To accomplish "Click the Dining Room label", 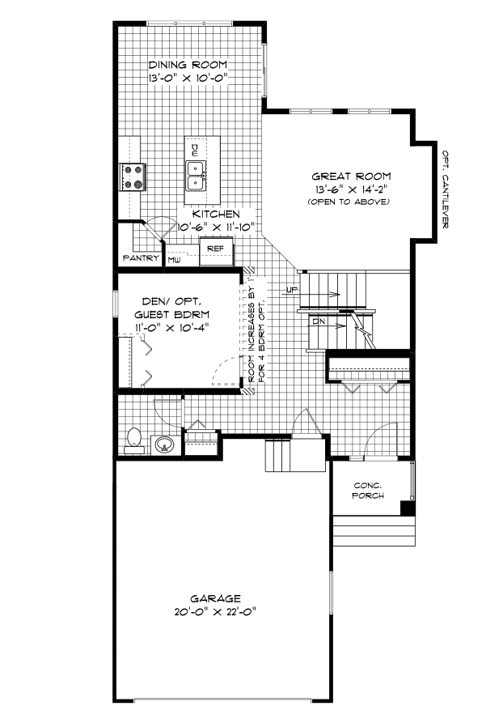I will [188, 65].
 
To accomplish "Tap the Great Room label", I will [351, 176].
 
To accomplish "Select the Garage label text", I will [215, 598].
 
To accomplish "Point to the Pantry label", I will [139, 258].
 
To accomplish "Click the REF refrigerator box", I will [215, 249].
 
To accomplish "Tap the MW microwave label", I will [174, 260].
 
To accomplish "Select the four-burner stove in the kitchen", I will [133, 176].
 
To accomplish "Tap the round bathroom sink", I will [164, 444].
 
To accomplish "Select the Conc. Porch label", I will [369, 491].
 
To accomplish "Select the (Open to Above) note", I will [351, 201].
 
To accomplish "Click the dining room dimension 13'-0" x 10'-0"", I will [188, 79].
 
